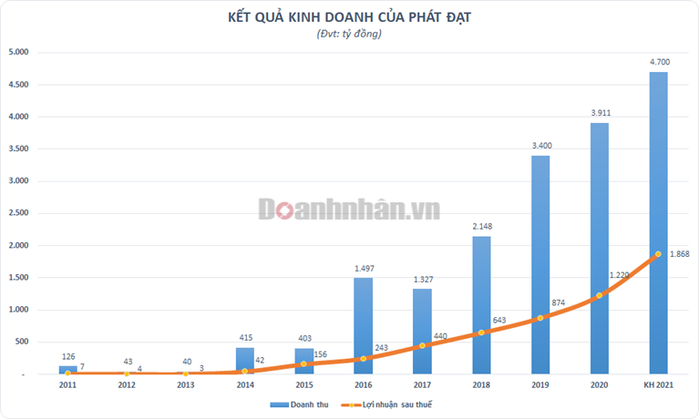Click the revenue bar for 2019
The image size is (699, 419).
tap(540, 264)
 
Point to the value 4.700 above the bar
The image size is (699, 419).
tap(659, 62)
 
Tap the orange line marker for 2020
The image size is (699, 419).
tap(599, 295)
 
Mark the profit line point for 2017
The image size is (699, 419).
tap(422, 345)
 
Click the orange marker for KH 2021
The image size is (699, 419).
tap(658, 254)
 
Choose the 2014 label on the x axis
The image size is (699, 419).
tap(245, 386)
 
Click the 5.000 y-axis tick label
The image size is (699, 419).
tap(19, 53)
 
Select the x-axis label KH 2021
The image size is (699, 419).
tap(658, 386)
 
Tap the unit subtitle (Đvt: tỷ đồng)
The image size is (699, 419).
tap(350, 34)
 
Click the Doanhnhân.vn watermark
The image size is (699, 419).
tap(349, 209)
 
